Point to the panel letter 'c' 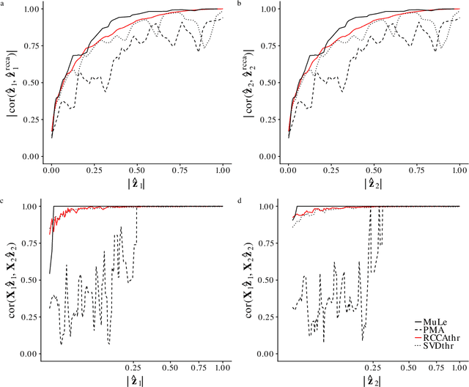pos(2,199)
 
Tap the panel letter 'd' pos(239,199)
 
